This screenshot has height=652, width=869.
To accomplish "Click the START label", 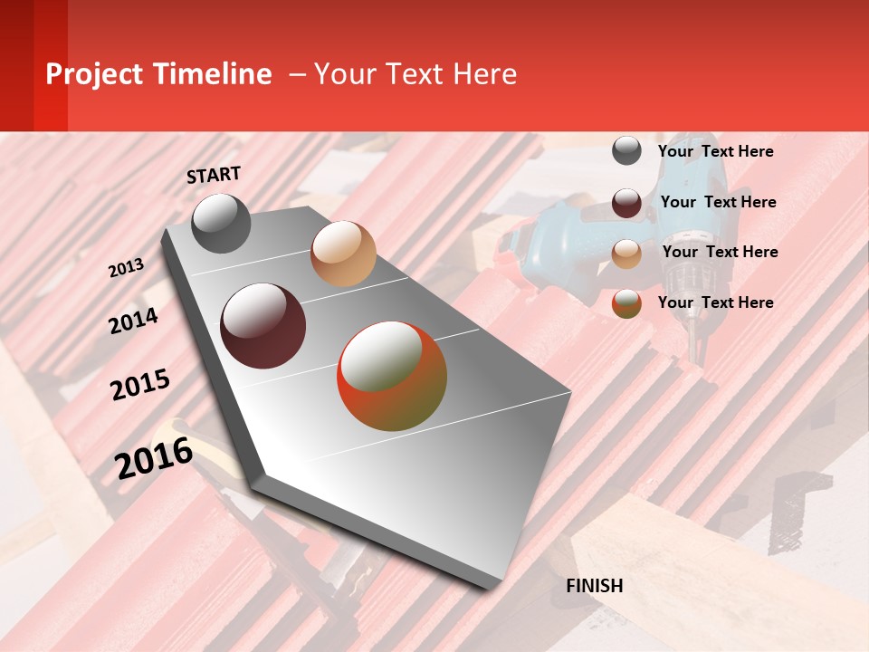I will coord(214,175).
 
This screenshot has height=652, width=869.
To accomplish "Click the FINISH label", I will coord(594,586).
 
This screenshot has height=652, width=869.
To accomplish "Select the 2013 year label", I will coord(126,268).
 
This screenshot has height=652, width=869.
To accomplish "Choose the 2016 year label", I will coord(154,458).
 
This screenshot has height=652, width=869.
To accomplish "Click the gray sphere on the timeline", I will coord(222,224).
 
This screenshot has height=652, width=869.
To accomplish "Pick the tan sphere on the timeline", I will coord(343,254).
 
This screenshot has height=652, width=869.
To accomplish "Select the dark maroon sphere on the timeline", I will coord(263,326).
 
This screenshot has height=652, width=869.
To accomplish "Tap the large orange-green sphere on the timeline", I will coord(392,376).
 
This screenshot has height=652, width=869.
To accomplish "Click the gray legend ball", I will coord(626,151).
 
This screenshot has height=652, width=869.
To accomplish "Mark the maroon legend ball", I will coord(626,203).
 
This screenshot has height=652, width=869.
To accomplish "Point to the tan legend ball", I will coord(626,254).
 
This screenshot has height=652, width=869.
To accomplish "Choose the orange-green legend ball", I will coord(626,303).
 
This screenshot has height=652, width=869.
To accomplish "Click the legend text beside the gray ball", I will coord(715,151).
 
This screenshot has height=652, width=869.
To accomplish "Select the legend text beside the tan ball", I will coord(720,252).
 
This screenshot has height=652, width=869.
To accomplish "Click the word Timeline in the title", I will coord(214,74).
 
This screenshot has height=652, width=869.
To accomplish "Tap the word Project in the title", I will coord(95,74).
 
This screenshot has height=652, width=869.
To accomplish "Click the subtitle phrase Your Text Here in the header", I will coord(415,74).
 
